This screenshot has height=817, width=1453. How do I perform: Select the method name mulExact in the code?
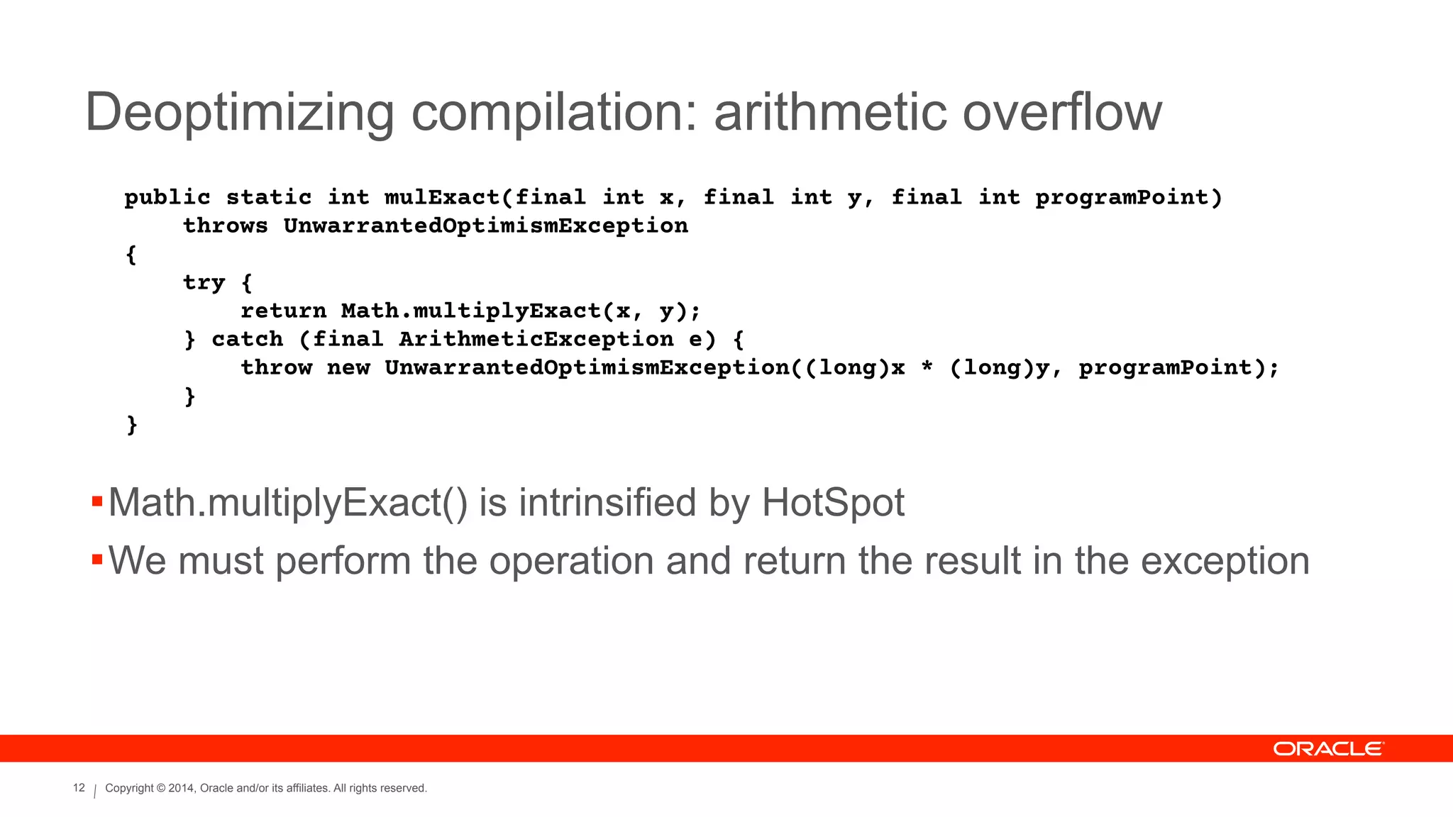pyautogui.click(x=442, y=197)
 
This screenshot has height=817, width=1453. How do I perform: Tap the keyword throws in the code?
pyautogui.click(x=226, y=226)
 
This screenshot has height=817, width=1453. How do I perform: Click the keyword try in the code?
pyautogui.click(x=204, y=283)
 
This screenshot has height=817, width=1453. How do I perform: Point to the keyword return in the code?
pyautogui.click(x=283, y=311)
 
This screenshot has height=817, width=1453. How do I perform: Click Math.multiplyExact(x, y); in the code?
pyautogui.click(x=521, y=311)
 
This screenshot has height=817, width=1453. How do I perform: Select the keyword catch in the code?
pyautogui.click(x=247, y=339)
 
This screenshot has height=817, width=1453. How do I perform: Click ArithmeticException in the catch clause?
pyautogui.click(x=536, y=339)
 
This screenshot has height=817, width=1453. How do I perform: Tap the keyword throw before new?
pyautogui.click(x=276, y=367)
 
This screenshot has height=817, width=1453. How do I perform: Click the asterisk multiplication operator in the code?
pyautogui.click(x=927, y=368)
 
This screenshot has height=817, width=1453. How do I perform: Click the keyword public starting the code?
pyautogui.click(x=167, y=197)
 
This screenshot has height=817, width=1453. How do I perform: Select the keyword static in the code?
pyautogui.click(x=269, y=197)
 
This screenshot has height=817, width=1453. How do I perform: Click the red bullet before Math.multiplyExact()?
pyautogui.click(x=97, y=503)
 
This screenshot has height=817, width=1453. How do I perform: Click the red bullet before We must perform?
pyautogui.click(x=97, y=560)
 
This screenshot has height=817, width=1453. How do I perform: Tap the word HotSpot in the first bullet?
pyautogui.click(x=833, y=503)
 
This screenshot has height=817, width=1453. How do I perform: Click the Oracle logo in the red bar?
pyautogui.click(x=1327, y=749)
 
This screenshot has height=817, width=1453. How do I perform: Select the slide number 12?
pyautogui.click(x=79, y=788)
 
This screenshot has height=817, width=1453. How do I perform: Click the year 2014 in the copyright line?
pyautogui.click(x=181, y=788)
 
